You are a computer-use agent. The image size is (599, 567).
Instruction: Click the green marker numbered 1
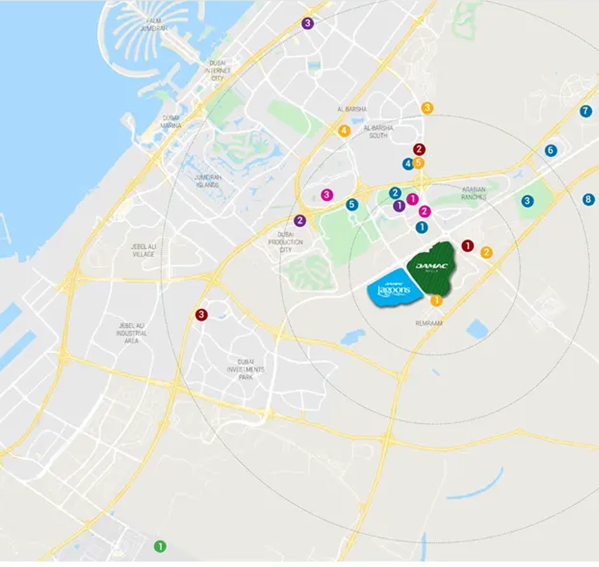160,547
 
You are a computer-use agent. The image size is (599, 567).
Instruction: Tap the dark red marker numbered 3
201,314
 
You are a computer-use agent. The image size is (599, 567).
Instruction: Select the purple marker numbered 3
307,23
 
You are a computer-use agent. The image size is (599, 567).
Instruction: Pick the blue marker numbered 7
585,110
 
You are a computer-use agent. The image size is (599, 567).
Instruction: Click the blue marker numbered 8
588,199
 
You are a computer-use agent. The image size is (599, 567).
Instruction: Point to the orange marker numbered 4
344,130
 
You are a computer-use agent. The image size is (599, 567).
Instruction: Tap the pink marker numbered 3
326,195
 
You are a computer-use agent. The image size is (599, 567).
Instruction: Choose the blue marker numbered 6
550,150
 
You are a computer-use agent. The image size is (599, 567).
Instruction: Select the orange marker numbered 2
486,253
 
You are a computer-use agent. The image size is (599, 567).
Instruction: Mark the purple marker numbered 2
300,220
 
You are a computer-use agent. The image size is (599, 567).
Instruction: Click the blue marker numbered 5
351,205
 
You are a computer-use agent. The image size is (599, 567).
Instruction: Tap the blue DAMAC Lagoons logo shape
393,288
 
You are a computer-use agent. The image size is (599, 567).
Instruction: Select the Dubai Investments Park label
246,369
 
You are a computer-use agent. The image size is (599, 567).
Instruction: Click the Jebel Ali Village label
143,250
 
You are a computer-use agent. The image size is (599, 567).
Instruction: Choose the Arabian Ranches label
474,193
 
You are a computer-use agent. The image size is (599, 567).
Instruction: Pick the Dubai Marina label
171,122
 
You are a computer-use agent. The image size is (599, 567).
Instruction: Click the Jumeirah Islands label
206,181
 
